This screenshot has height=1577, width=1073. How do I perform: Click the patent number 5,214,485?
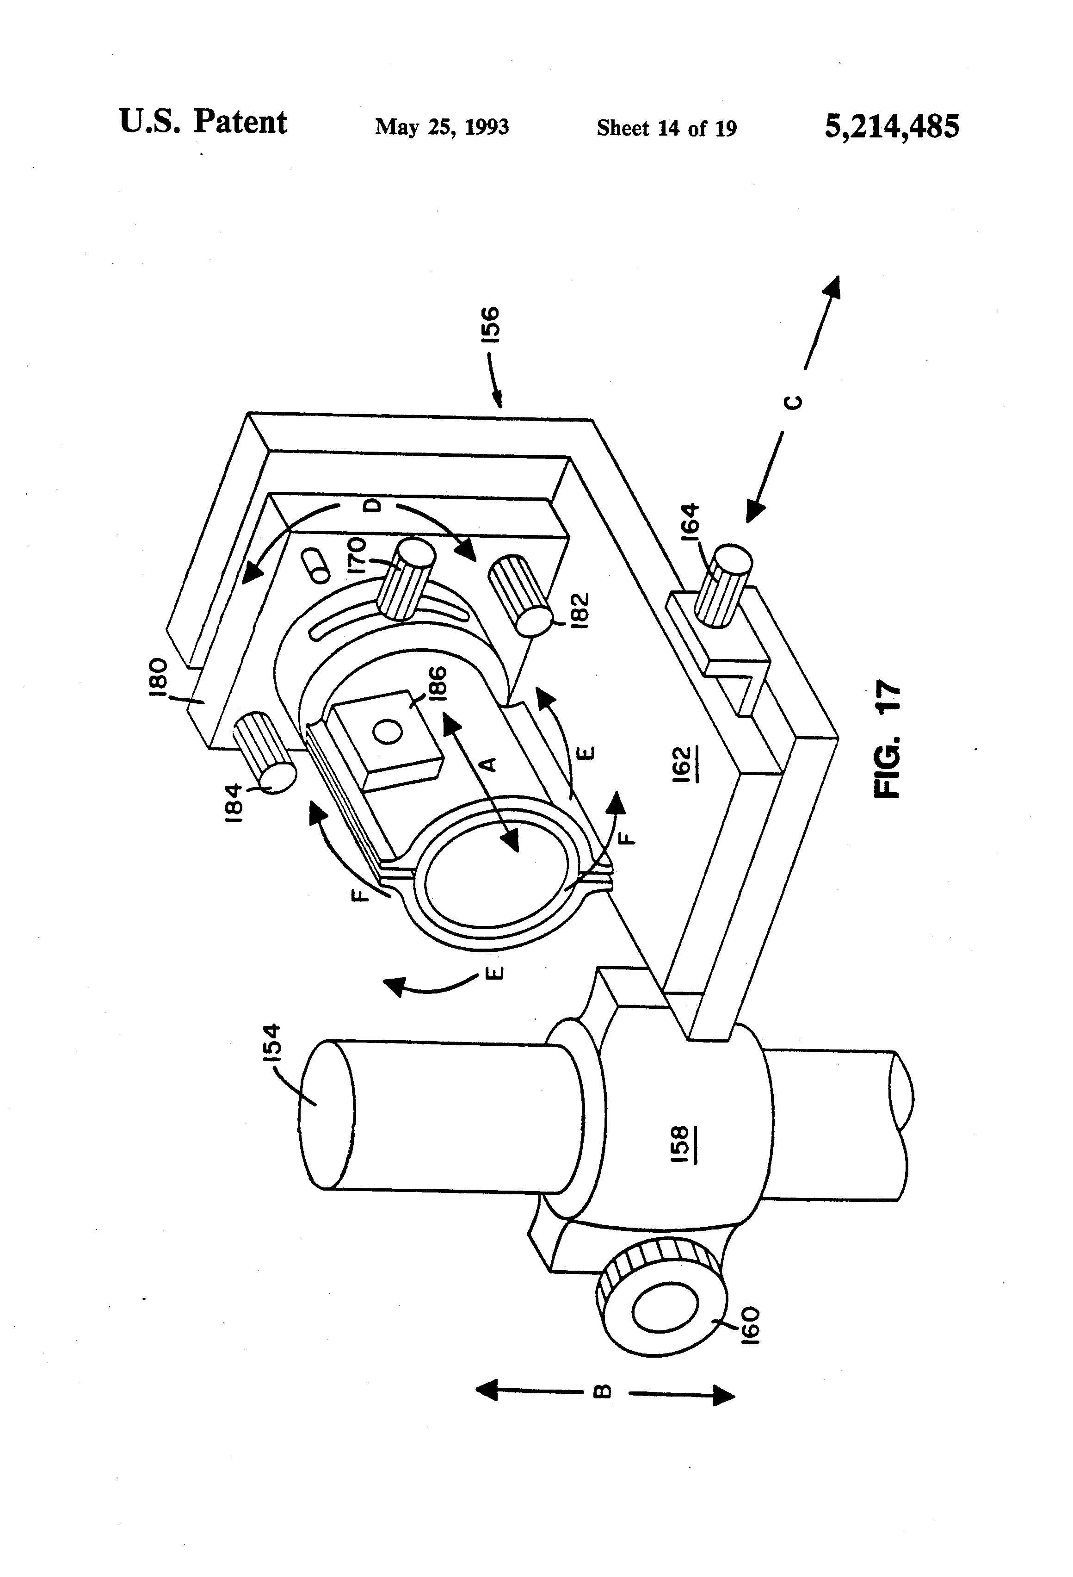(891, 126)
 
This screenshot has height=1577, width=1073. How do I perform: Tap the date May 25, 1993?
(442, 127)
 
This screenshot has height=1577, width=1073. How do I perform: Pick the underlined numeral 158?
(681, 1145)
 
